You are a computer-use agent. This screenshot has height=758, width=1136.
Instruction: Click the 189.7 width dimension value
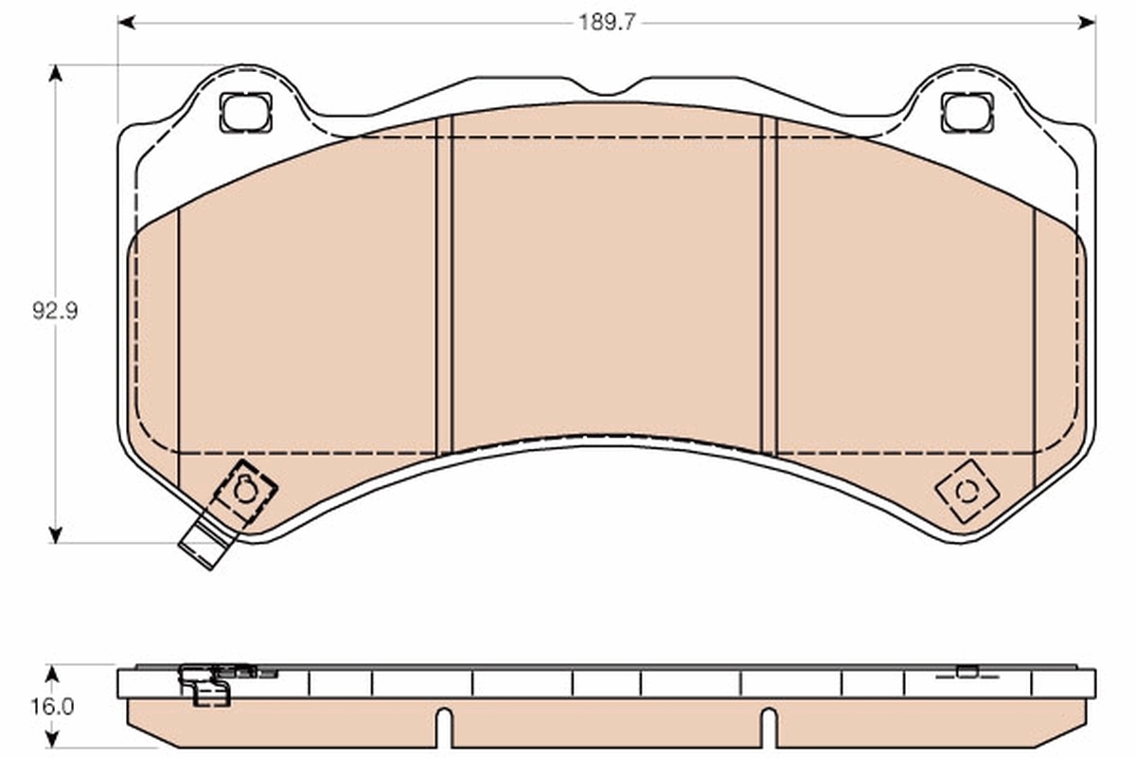607,22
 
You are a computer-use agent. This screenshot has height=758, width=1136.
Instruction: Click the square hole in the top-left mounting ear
245,113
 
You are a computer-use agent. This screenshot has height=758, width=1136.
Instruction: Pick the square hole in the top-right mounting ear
967,113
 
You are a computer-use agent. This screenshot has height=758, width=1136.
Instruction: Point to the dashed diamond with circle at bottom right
967,491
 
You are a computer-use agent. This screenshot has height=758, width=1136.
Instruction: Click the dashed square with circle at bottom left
245,491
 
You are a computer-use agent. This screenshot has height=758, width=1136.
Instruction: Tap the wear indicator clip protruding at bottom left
203,545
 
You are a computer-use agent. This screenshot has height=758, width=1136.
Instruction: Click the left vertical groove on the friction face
444,284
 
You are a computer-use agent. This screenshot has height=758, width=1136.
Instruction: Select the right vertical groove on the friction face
769,284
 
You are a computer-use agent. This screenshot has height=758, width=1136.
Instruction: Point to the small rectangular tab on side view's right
967,672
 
